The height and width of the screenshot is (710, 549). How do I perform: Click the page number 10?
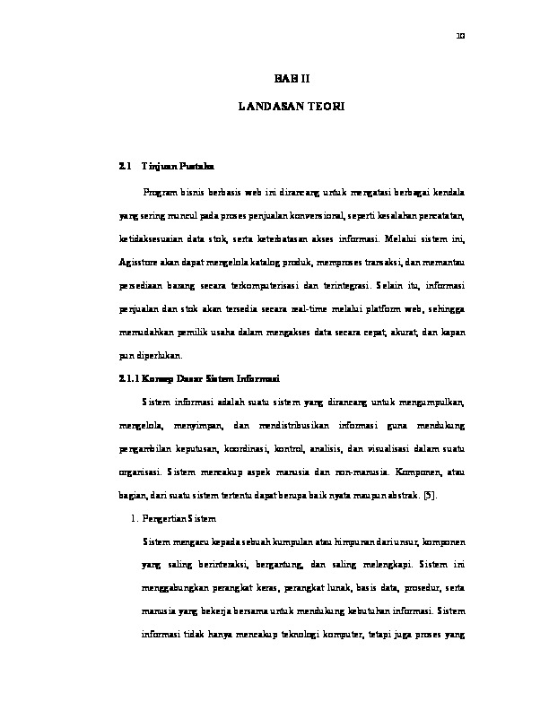point(460,37)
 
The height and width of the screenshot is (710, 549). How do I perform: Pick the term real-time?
point(305,307)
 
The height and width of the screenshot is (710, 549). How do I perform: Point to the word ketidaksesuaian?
point(155,238)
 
